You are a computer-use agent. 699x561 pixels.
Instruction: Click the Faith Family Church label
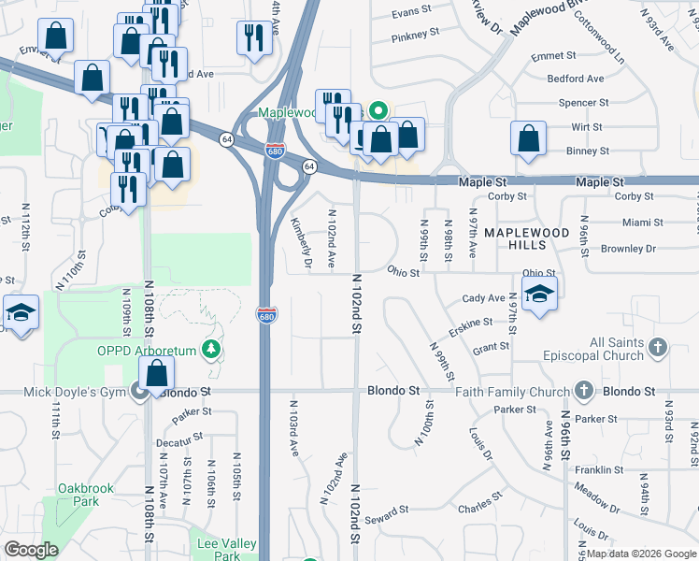pos(513,392)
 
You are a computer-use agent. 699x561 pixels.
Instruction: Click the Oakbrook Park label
pos(78,495)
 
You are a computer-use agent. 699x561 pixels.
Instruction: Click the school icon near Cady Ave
pos(539,295)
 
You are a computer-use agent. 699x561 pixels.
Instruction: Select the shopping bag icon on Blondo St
pos(157,372)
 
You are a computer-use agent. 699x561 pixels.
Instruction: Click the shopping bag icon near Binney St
pos(528,139)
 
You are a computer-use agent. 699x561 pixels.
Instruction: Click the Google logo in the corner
pos(32,550)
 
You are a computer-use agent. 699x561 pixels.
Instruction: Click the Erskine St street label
pos(469,323)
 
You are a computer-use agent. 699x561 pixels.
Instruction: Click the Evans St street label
pos(410,12)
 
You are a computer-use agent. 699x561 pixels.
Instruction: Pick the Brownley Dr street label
pos(629,250)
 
